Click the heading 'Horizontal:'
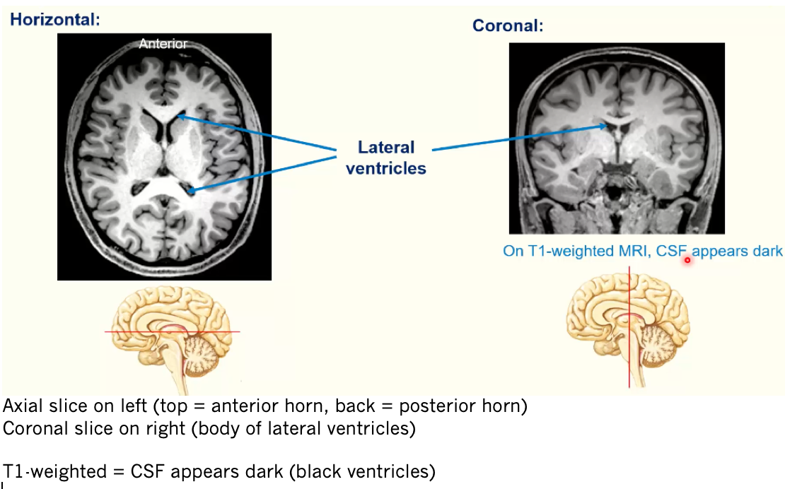pyautogui.click(x=55, y=19)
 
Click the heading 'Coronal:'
pyautogui.click(x=508, y=26)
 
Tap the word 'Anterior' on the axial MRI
pyautogui.click(x=163, y=44)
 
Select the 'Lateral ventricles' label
pyautogui.click(x=386, y=158)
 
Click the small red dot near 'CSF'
pyautogui.click(x=687, y=260)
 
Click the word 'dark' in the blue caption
pyautogui.click(x=768, y=251)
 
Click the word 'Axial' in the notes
pyautogui.click(x=20, y=406)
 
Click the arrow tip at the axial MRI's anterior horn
pyautogui.click(x=180, y=117)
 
